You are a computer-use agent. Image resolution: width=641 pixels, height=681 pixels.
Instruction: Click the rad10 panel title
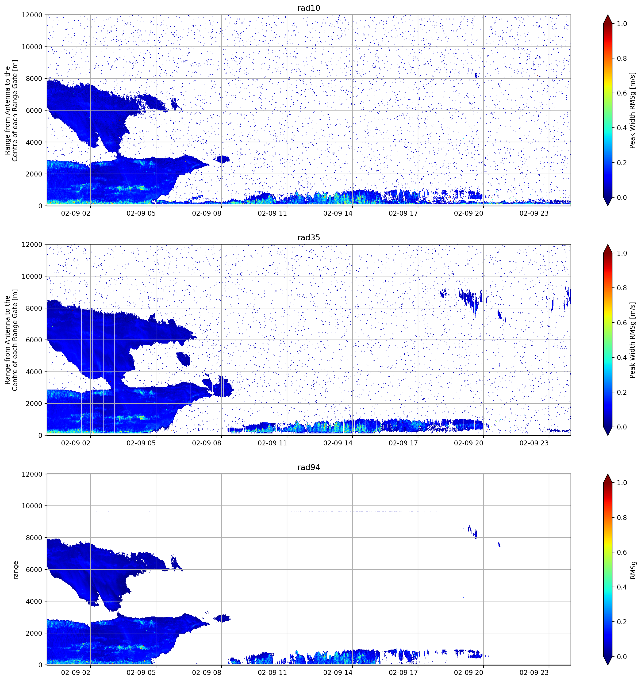click(308, 8)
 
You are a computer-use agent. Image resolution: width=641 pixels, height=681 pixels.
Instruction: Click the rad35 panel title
click(308, 237)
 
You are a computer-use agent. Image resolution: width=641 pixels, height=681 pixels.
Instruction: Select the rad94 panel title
click(308, 467)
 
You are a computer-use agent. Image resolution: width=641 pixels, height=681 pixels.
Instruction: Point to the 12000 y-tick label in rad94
click(32, 474)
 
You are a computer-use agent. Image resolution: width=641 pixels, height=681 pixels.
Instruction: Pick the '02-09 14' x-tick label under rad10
click(338, 213)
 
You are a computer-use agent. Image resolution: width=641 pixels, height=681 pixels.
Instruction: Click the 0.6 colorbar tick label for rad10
click(622, 93)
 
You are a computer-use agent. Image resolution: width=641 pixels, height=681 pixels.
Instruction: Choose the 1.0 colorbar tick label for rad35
click(622, 253)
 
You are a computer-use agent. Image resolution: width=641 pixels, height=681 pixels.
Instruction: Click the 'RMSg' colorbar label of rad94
click(633, 570)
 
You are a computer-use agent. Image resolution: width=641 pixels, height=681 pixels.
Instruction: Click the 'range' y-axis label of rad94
click(15, 570)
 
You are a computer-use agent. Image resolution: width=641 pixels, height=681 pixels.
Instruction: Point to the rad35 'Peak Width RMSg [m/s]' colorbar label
click(633, 340)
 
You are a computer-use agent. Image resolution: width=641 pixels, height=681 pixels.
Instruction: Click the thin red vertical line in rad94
click(434, 522)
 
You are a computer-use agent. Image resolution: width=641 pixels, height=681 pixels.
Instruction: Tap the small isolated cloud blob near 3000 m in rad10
click(223, 159)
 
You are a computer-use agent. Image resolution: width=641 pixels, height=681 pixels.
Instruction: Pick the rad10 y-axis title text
click(11, 110)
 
